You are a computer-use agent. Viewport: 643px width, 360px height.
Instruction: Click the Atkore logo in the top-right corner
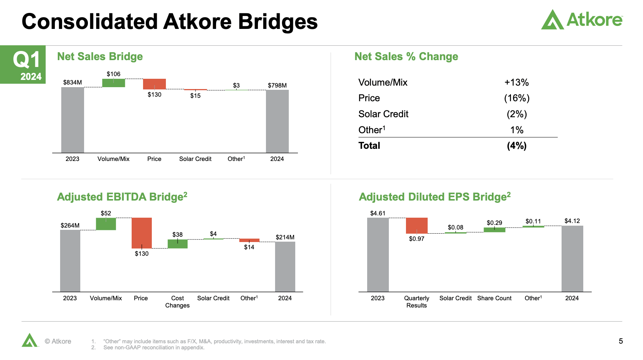(x=582, y=19)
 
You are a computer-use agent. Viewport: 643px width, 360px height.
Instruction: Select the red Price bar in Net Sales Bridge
(x=154, y=84)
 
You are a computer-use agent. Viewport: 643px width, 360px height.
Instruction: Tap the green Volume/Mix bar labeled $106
(x=113, y=83)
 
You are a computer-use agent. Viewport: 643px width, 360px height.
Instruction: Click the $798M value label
(x=277, y=85)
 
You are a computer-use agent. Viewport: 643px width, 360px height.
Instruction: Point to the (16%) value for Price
(x=517, y=98)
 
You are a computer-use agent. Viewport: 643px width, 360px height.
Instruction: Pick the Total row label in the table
(x=369, y=146)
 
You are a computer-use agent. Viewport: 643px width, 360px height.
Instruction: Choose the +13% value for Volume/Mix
(x=516, y=83)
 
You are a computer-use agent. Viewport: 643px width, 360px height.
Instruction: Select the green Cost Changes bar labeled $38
(x=177, y=244)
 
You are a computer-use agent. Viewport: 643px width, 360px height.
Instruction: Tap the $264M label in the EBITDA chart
(x=70, y=225)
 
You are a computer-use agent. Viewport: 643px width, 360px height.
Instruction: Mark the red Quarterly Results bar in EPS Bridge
(x=417, y=225)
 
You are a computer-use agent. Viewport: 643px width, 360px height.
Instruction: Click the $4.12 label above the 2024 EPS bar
(x=572, y=221)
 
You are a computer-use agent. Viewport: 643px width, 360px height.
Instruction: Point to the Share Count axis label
(x=494, y=298)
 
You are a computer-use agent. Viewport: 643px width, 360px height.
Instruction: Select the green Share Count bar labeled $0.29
(x=494, y=230)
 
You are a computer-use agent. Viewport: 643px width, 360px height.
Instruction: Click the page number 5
(x=621, y=341)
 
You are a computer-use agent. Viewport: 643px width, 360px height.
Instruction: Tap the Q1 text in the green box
(x=26, y=60)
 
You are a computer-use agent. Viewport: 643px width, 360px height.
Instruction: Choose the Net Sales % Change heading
(x=406, y=57)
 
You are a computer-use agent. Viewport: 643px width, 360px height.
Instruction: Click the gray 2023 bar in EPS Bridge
(x=378, y=255)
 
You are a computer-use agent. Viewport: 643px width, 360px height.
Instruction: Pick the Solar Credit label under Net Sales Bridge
(x=195, y=159)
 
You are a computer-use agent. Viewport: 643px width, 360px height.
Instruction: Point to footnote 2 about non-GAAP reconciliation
(x=154, y=347)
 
